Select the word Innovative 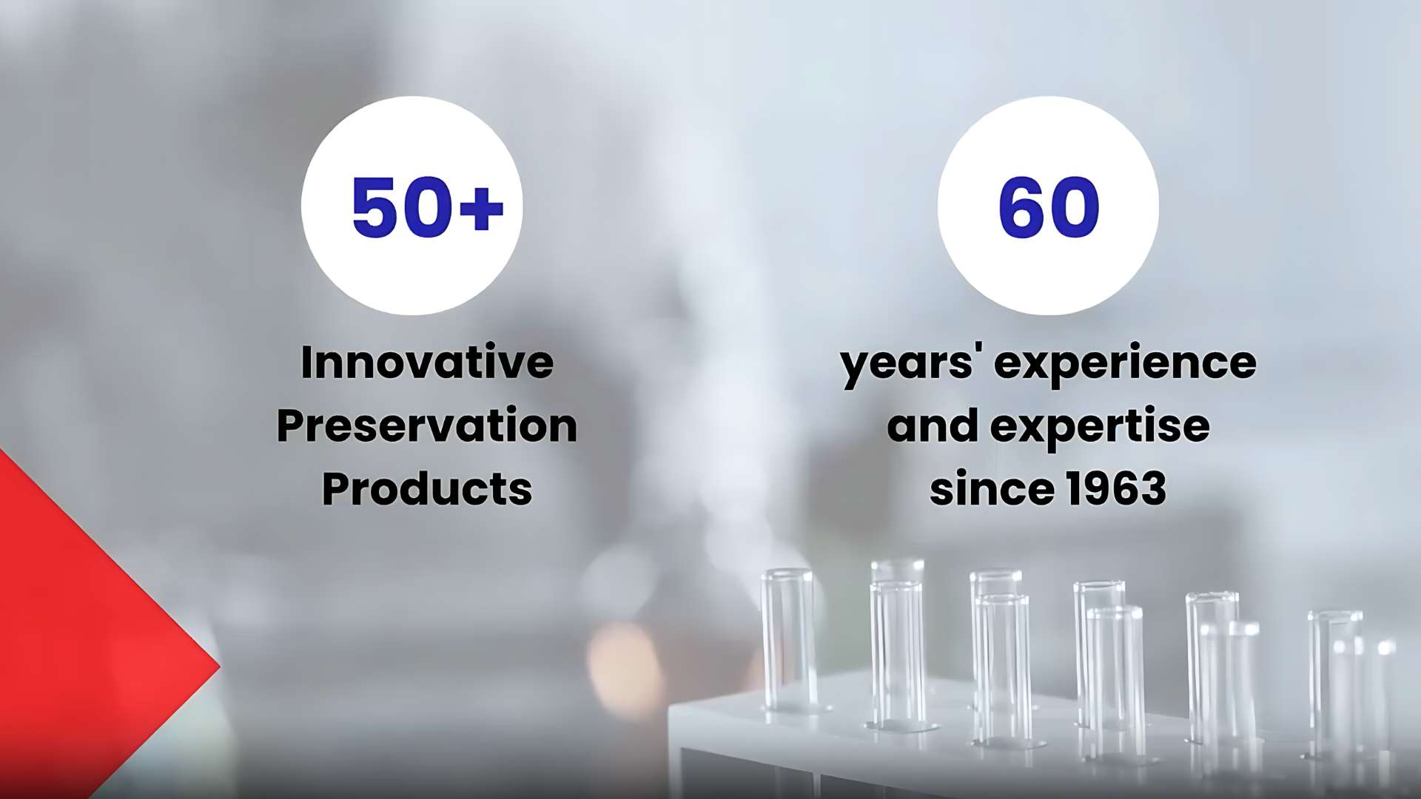point(427,362)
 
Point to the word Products point(427,488)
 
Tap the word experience point(1125,365)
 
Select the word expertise point(1100,428)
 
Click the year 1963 point(1116,488)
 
